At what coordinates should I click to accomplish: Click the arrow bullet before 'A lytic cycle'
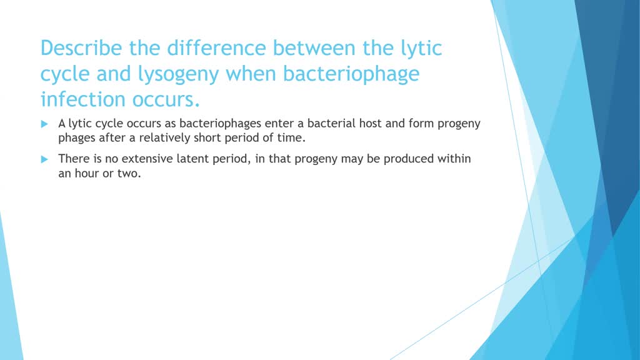[44, 124]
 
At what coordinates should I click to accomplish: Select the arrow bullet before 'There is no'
[44, 159]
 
